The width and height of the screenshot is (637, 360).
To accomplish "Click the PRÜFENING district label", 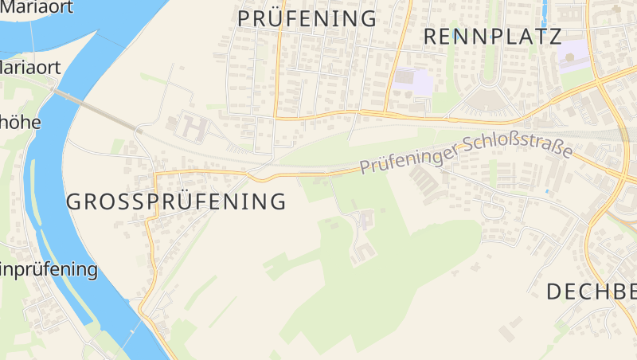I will [307, 18].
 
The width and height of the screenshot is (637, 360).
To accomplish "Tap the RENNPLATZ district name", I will [493, 36].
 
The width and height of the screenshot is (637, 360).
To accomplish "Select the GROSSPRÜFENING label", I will [176, 202].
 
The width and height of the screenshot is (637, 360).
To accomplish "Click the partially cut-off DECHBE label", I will [591, 292].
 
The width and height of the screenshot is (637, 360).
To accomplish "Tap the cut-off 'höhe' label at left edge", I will [20, 123].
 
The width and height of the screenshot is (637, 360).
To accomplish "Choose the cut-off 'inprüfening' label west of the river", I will [49, 269].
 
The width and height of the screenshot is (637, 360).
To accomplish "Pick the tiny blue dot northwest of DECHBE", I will [547, 191].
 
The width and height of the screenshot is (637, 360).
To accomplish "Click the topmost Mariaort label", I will [38, 7].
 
